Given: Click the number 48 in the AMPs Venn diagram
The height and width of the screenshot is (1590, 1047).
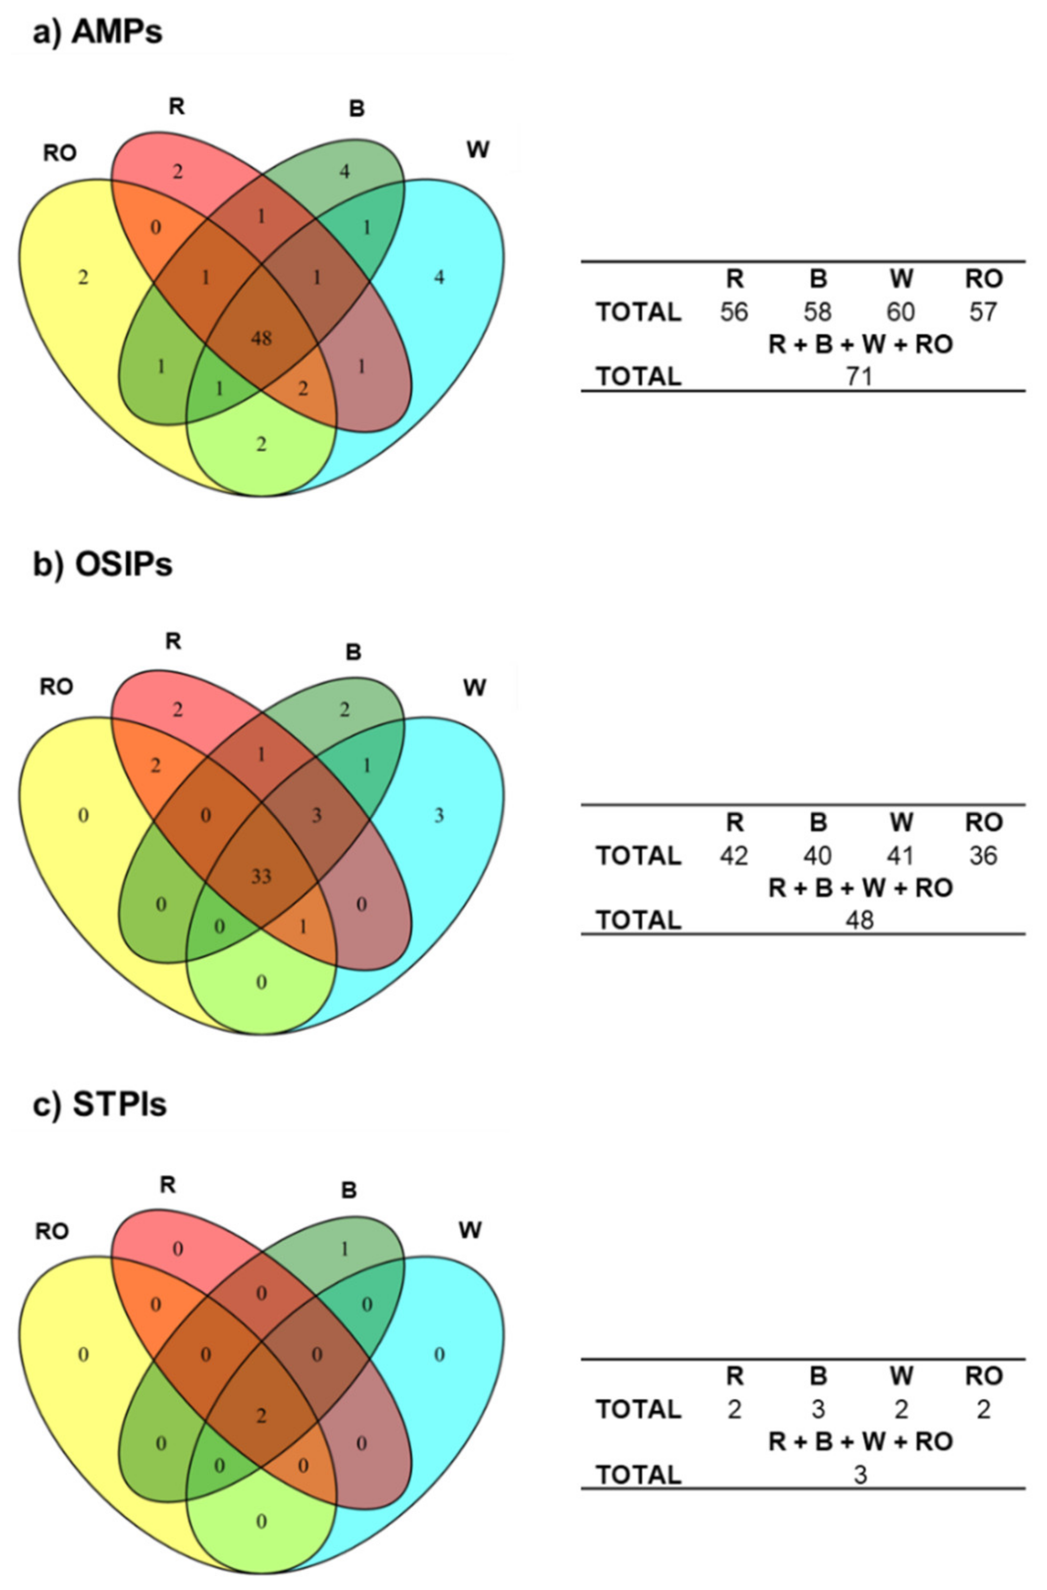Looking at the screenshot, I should [261, 339].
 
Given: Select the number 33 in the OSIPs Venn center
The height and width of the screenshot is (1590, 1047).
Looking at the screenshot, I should [261, 876].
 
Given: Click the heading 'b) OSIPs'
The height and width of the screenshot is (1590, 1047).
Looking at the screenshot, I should [103, 565].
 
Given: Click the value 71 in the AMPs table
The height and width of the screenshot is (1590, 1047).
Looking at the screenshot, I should [859, 377].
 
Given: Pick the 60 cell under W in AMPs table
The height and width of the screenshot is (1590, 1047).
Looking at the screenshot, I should [901, 312].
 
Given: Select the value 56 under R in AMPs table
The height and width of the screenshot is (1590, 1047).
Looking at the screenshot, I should [734, 312].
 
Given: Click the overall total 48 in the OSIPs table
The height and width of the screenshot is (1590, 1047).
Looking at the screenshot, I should [859, 920].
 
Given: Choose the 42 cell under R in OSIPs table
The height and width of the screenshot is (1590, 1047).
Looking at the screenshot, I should [734, 855].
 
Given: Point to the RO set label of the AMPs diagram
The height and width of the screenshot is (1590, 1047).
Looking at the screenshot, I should [59, 153].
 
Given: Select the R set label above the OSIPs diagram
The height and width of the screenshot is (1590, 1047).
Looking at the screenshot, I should [172, 641].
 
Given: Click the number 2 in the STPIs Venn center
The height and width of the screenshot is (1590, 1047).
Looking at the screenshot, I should [261, 1415].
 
